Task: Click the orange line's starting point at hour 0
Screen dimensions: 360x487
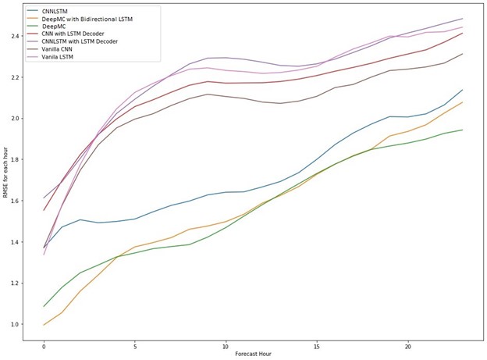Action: coord(44,325)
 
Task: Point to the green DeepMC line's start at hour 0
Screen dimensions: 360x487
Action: coord(44,306)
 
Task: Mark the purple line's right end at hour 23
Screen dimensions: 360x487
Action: coord(462,19)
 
